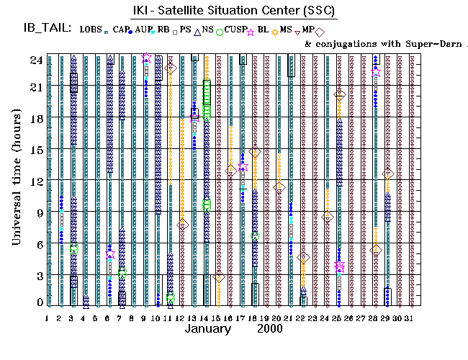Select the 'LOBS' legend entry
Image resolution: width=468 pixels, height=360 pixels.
coord(92,30)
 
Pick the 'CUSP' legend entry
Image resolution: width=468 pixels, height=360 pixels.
coord(234,30)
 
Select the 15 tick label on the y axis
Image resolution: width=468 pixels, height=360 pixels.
coord(35,150)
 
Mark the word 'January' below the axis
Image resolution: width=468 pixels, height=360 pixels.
coord(207,329)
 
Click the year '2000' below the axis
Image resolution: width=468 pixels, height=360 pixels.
coord(271,329)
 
